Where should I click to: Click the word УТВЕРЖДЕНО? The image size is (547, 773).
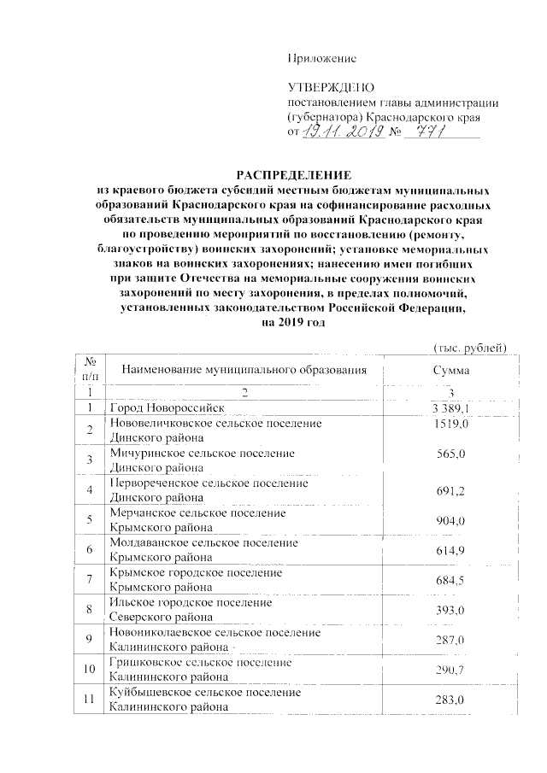click(x=327, y=88)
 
